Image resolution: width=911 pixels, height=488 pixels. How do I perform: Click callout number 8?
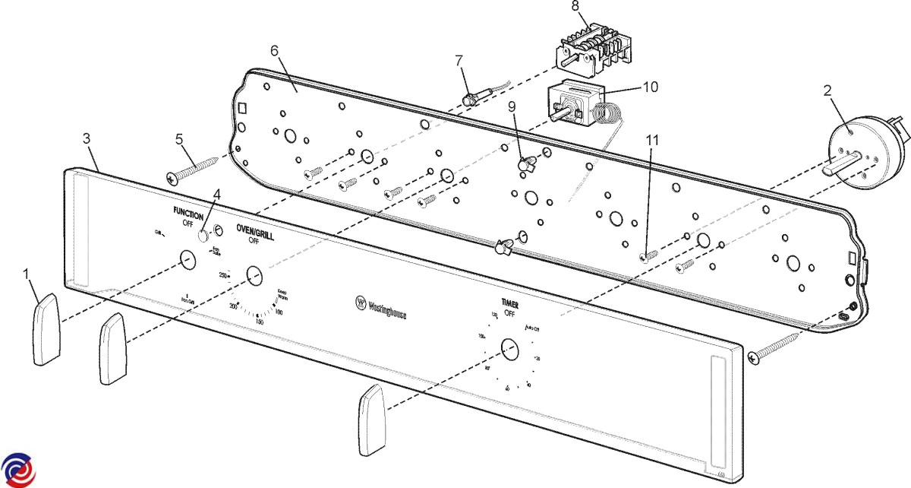coord(575,7)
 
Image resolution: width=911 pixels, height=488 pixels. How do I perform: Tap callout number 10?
coord(650,87)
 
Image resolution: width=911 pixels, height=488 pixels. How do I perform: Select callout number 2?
coord(826,89)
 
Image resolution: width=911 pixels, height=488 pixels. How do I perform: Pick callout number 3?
coord(87,138)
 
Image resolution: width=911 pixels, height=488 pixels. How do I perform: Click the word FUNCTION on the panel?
coord(188,215)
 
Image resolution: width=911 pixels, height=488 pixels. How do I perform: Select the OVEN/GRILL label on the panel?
coord(255,233)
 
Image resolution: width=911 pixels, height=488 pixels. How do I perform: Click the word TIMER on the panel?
coord(510,303)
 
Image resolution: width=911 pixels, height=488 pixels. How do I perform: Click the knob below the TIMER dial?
coord(372,420)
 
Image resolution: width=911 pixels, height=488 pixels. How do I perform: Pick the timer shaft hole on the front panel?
coord(509,350)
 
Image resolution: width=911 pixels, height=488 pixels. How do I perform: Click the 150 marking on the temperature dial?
coord(259,322)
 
